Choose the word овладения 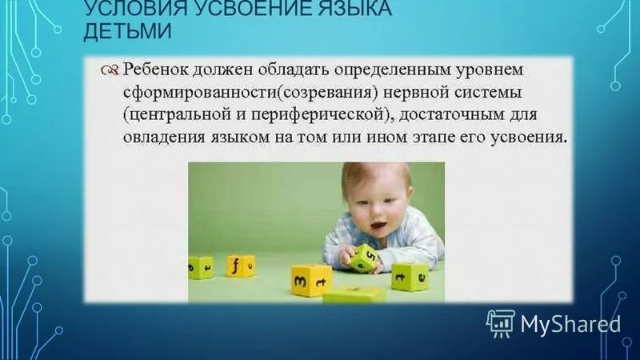164,136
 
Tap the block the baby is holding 364,256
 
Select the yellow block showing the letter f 240,265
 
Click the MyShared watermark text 570,323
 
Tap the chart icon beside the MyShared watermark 499,323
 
